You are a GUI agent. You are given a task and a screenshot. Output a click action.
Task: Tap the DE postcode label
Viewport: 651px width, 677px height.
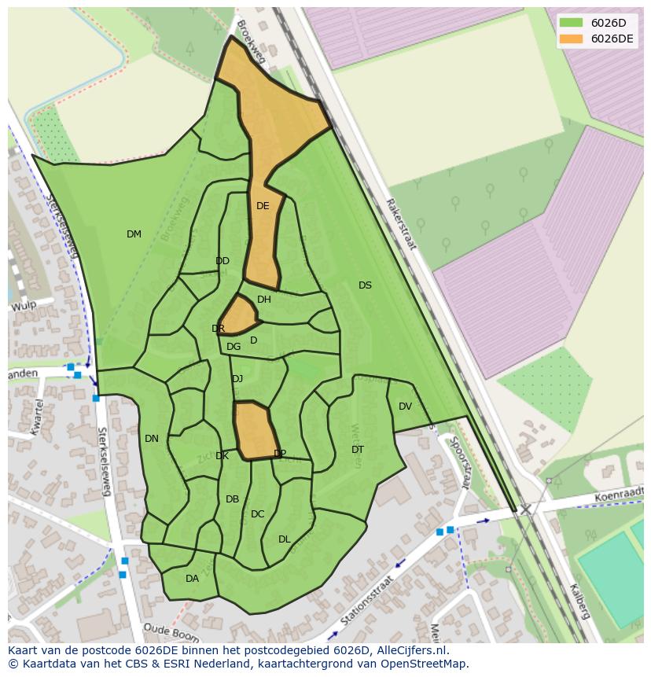pos(263,206)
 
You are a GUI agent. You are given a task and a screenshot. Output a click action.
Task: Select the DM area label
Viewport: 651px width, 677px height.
pos(134,234)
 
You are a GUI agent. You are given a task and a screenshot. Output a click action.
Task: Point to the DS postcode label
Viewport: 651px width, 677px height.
pos(365,285)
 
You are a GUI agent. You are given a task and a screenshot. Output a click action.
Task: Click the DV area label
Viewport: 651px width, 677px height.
pos(405,407)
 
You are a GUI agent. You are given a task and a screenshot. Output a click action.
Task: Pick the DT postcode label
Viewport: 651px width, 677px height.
pos(358,450)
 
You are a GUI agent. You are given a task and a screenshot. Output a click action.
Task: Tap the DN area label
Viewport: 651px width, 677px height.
pos(152,439)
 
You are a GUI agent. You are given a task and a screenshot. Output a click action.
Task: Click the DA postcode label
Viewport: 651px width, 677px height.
pos(192,579)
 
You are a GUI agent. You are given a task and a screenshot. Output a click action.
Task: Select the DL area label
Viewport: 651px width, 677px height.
pos(285,539)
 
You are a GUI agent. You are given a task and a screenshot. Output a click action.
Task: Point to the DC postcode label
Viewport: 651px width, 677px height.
pos(257,514)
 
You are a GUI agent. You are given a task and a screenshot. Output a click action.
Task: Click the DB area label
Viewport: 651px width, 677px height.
pos(232,499)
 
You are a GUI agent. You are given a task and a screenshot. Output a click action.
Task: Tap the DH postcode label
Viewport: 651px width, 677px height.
pos(264,300)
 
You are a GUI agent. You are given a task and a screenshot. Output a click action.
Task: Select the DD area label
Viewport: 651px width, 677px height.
pos(223,261)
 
